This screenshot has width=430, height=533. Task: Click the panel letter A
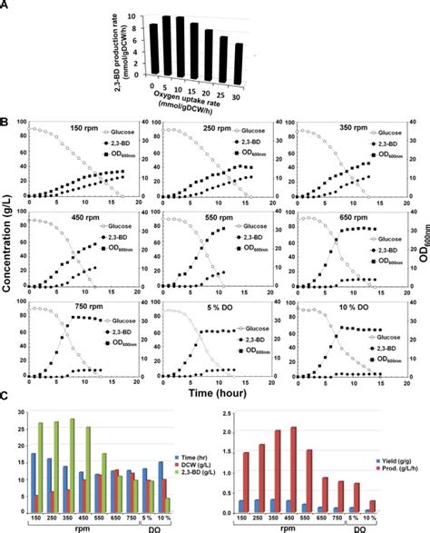pos(5,5)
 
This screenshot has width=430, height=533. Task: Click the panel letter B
pos(5,120)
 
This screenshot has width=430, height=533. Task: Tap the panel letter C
pos(5,398)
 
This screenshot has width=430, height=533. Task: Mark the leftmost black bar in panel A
pos(154,49)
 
